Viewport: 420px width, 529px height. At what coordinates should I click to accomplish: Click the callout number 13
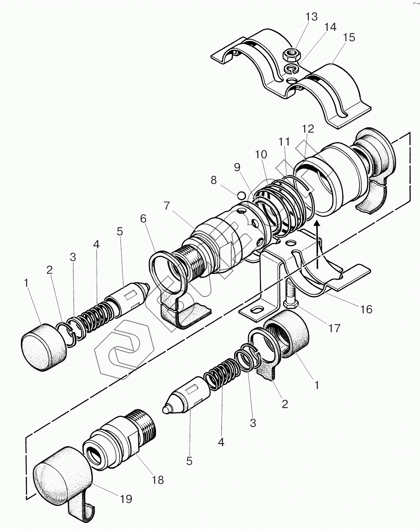(311, 17)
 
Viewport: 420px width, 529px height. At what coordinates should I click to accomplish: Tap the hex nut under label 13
(291, 55)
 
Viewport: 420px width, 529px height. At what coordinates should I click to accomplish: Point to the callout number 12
(308, 129)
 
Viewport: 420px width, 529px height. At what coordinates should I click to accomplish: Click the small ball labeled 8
(241, 195)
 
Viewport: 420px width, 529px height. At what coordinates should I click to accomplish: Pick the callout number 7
(167, 206)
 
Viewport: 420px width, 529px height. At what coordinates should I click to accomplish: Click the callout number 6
(143, 219)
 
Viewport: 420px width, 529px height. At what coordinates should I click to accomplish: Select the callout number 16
(366, 309)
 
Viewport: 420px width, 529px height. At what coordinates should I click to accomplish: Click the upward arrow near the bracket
(318, 244)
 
